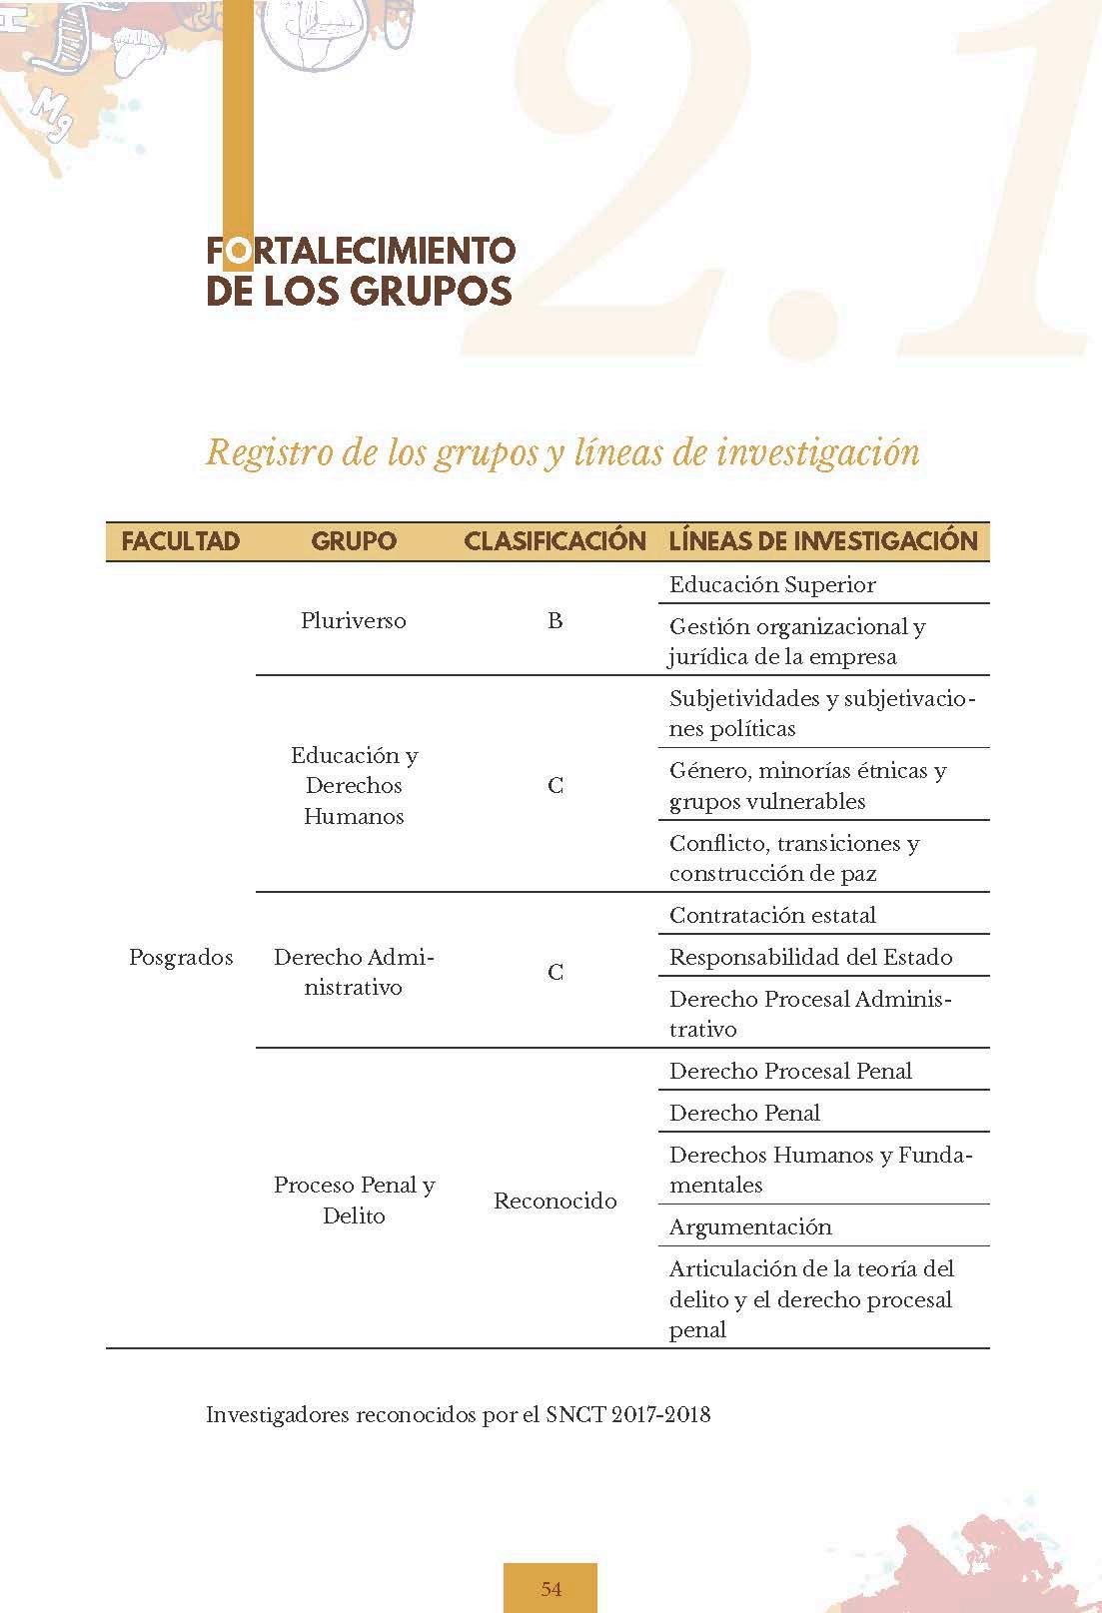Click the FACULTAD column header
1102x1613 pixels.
[x=181, y=541]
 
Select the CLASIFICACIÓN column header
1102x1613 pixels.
[x=554, y=541]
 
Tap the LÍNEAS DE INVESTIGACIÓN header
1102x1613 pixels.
[x=823, y=541]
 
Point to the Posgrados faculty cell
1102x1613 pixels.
[x=181, y=957]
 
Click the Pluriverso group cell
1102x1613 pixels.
[x=354, y=620]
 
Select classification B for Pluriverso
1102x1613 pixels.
[x=554, y=620]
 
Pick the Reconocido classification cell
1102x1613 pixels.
[x=554, y=1201]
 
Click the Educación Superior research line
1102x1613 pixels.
[x=772, y=584]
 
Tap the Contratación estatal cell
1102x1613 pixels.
[x=772, y=915]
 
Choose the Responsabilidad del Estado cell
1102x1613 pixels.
[x=810, y=957]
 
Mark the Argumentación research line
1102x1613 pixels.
[x=750, y=1226]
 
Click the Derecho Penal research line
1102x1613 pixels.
[x=744, y=1113]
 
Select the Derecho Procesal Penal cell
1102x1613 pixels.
[x=790, y=1071]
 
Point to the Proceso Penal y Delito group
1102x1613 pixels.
[x=354, y=1200]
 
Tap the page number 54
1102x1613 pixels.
[x=551, y=1589]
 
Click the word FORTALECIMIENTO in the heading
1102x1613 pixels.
[x=362, y=250]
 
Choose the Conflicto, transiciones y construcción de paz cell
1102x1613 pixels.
[x=794, y=858]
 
